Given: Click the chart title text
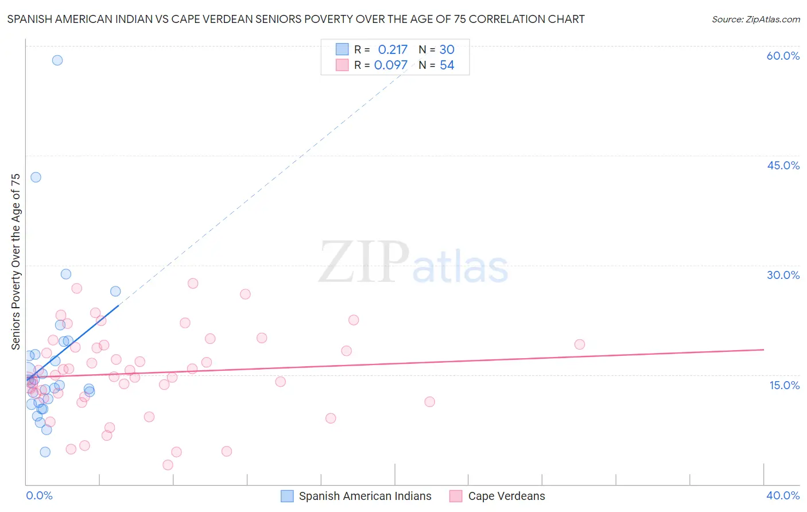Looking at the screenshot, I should pyautogui.click(x=296, y=19).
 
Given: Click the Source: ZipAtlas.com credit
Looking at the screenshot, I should pyautogui.click(x=755, y=20).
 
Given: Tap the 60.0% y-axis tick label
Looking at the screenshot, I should pyautogui.click(x=783, y=56).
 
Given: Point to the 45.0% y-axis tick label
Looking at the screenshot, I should pyautogui.click(x=783, y=165).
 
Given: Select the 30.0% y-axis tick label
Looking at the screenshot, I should pyautogui.click(x=783, y=275).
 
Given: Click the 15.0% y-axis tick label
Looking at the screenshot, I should pyautogui.click(x=784, y=385).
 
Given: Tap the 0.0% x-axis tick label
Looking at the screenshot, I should pyautogui.click(x=39, y=495).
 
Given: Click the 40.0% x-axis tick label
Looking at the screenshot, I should pyautogui.click(x=783, y=495).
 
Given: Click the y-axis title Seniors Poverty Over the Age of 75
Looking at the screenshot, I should pyautogui.click(x=16, y=262).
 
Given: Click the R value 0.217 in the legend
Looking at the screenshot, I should pyautogui.click(x=393, y=50).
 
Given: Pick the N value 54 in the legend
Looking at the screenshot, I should pyautogui.click(x=447, y=65).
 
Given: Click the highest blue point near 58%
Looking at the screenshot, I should pyautogui.click(x=57, y=60).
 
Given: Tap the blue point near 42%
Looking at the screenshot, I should pyautogui.click(x=36, y=177).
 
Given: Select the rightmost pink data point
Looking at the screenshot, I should pyautogui.click(x=580, y=344).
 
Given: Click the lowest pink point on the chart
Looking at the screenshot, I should pyautogui.click(x=168, y=465).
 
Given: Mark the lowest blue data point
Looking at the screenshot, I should pyautogui.click(x=45, y=452).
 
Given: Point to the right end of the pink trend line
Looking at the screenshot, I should pyautogui.click(x=763, y=350).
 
